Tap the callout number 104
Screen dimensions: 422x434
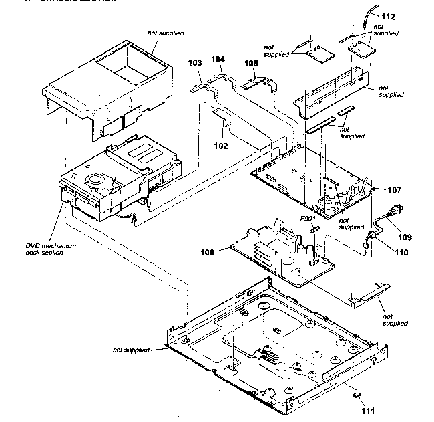218,60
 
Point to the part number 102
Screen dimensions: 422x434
222,145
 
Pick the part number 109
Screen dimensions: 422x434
406,236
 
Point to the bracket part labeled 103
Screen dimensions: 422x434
197,85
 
